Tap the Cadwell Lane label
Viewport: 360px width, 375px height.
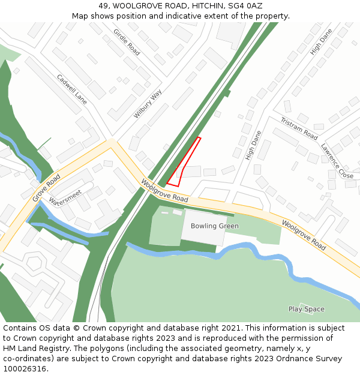click(x=72, y=89)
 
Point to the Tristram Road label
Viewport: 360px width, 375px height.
click(x=299, y=128)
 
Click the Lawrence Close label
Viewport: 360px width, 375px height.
click(x=337, y=160)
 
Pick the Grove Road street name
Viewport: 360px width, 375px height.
click(x=47, y=186)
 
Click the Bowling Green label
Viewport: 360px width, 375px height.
click(x=214, y=226)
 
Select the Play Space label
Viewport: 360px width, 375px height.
click(x=306, y=309)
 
